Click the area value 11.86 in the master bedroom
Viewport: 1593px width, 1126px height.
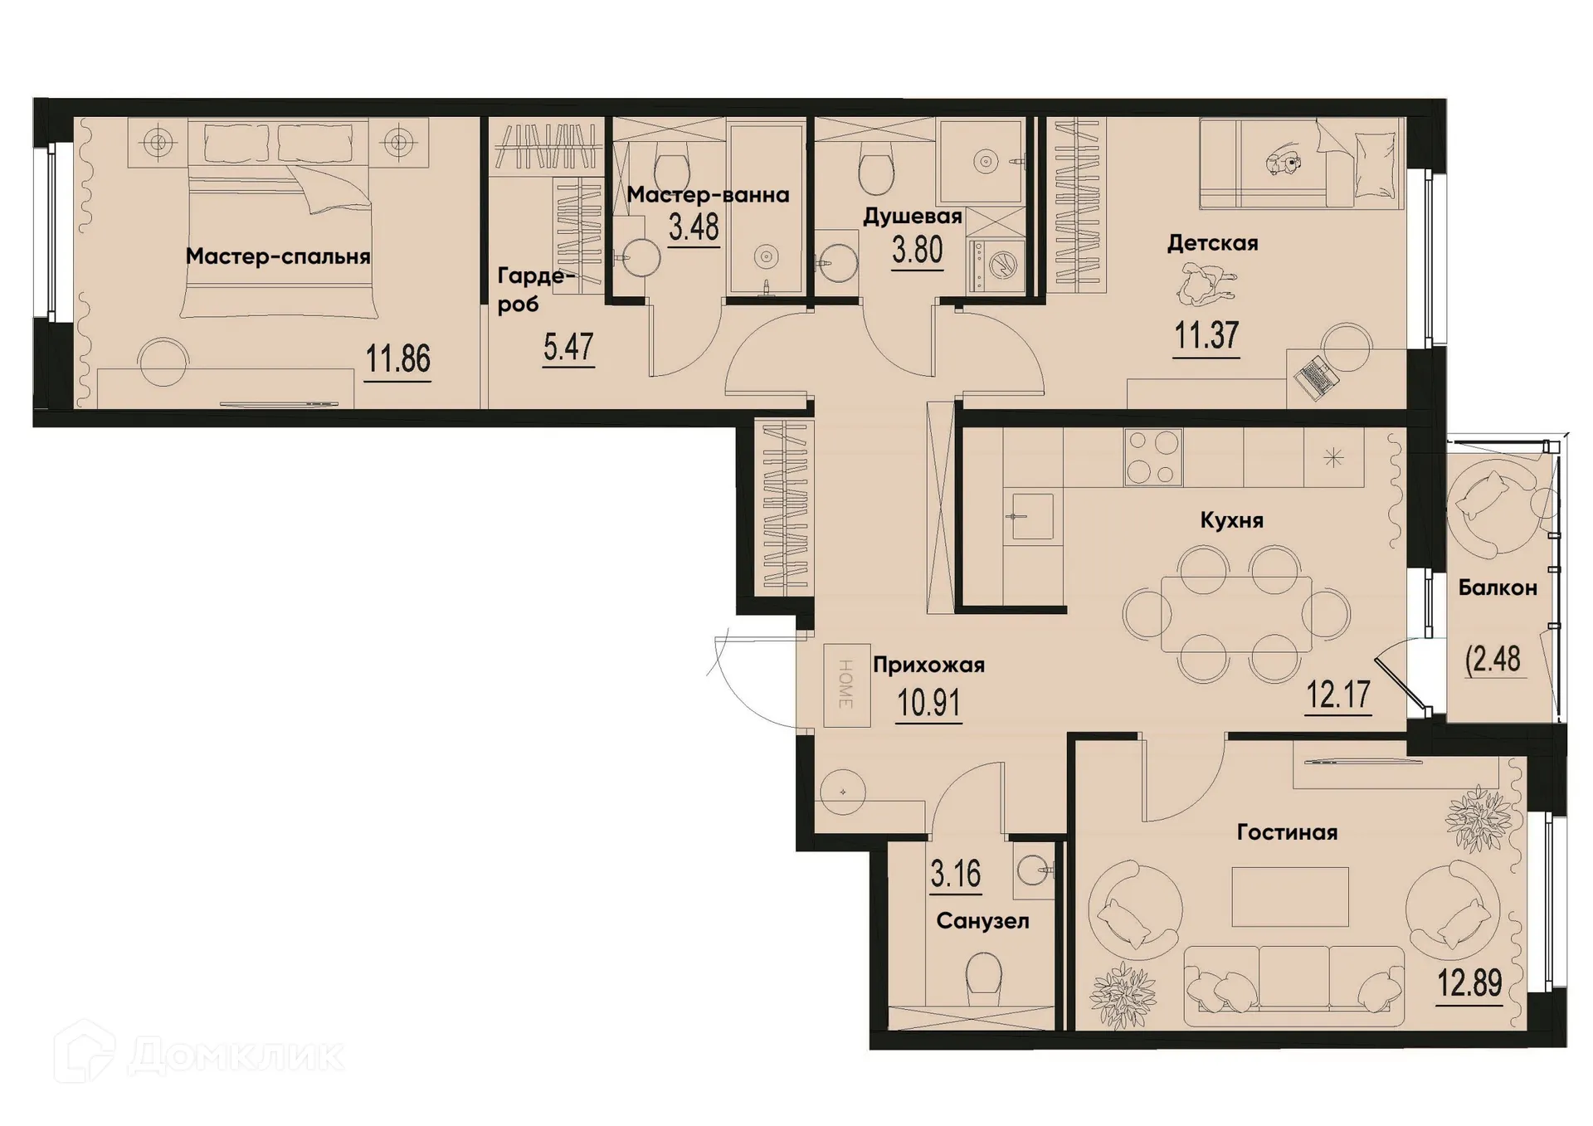(398, 359)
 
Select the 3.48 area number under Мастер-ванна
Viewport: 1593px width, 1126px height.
(694, 226)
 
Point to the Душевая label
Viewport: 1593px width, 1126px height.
(912, 217)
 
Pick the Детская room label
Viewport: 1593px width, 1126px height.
(1212, 243)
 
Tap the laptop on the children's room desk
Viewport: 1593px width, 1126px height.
(1316, 378)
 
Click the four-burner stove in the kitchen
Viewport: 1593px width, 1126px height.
(1152, 456)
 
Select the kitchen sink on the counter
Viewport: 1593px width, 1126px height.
(1031, 516)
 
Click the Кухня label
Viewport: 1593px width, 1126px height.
(1231, 520)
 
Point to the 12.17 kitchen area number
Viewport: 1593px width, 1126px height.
(1337, 695)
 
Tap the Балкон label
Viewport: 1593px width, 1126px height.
(1498, 587)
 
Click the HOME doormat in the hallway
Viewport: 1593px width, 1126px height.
(846, 685)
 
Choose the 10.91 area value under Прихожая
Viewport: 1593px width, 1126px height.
(928, 704)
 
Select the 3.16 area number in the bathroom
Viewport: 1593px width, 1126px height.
(955, 874)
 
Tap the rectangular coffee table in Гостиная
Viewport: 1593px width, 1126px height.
(1289, 896)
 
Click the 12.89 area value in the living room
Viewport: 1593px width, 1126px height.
(1469, 984)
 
